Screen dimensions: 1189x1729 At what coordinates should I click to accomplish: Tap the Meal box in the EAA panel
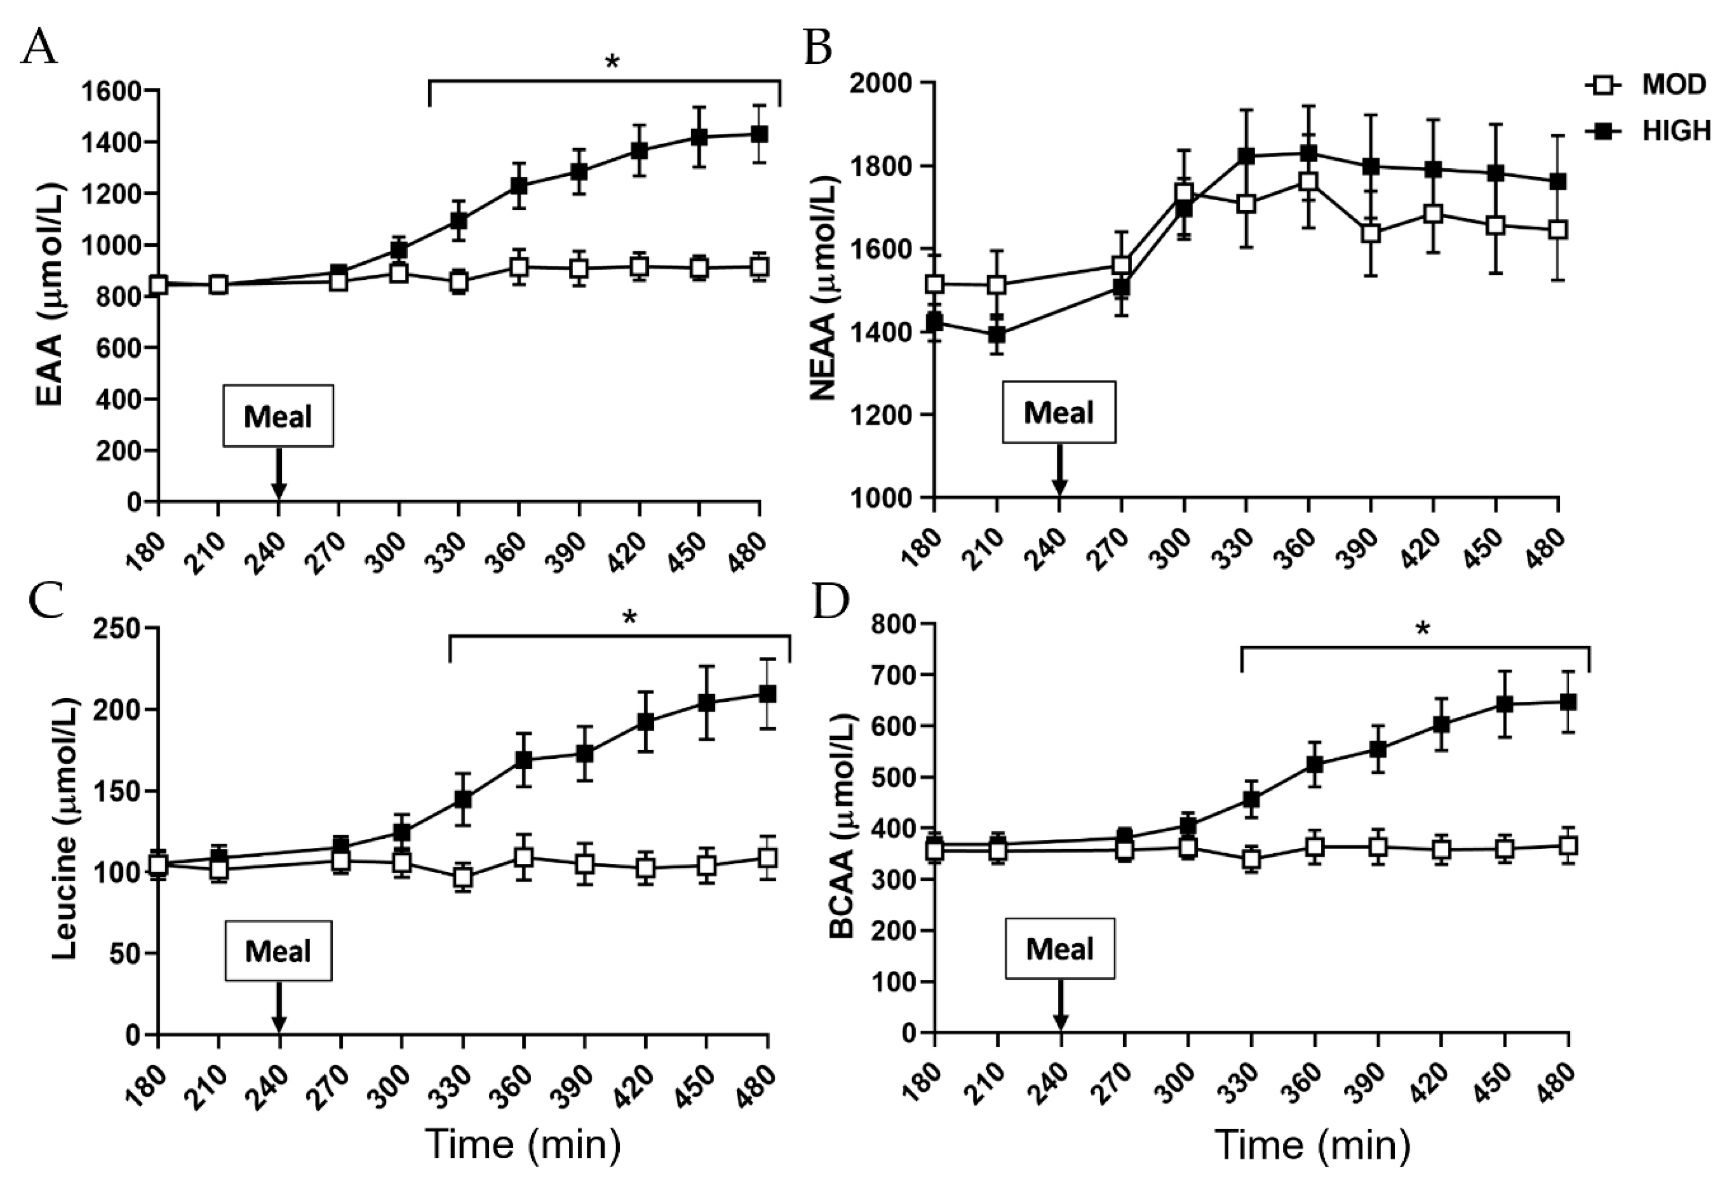click(278, 416)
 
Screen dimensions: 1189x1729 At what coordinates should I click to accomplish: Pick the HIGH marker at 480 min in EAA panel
click(759, 135)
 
